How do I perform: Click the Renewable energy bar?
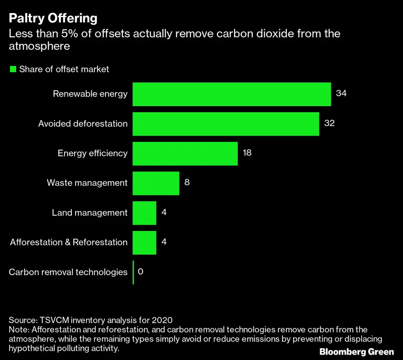coord(231,94)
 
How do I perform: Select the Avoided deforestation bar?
coord(226,124)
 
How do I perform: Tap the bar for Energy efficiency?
coord(185,153)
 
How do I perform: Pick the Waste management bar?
coord(156,183)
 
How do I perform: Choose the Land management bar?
coord(144,213)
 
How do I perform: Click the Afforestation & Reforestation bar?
coord(144,242)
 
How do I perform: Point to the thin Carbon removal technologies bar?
coord(133,272)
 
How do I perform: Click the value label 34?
coord(341,93)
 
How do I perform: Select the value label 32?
coord(329,123)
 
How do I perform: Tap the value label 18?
coord(247,152)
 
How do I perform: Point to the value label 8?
coord(187,182)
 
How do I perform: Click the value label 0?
coord(140,271)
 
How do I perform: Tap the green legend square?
coord(13,69)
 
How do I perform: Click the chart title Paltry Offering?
coord(53,18)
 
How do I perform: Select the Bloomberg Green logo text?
coord(357,352)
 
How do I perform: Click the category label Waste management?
coord(87,183)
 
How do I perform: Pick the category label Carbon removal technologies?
coord(68,272)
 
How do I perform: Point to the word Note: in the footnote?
coord(19,330)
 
